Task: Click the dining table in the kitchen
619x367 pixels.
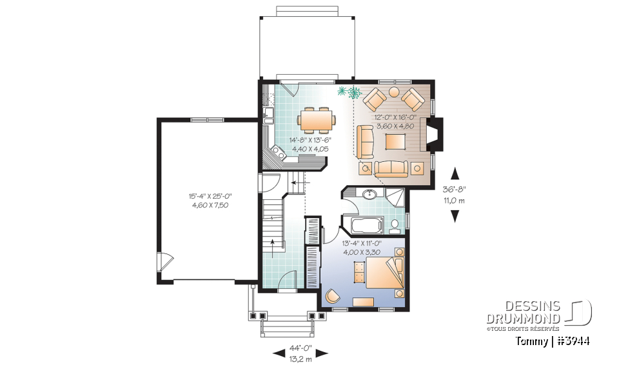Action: point(317,119)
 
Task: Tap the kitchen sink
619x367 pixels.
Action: point(268,117)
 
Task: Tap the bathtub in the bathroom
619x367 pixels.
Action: point(366,226)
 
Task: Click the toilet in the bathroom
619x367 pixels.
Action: point(395,225)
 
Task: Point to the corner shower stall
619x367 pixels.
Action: point(396,197)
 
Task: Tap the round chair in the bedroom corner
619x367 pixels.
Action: point(333,295)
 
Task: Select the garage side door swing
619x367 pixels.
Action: point(166,263)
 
